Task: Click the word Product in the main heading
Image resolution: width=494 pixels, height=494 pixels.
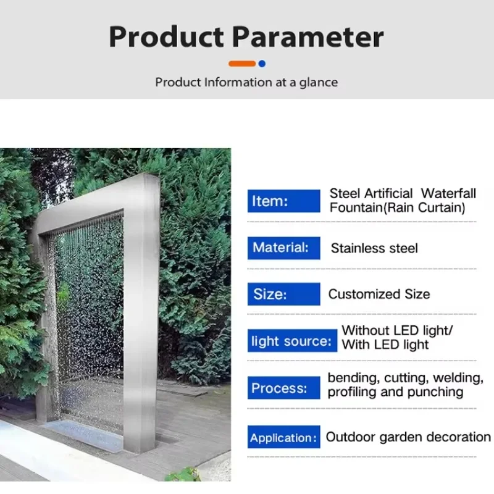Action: click(x=165, y=38)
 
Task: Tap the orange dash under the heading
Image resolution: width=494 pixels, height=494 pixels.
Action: click(x=241, y=64)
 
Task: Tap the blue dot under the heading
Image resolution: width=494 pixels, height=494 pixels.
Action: click(x=262, y=64)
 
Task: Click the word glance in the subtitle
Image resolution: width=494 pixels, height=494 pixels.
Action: click(x=318, y=82)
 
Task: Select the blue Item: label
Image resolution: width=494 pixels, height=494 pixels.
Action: click(x=283, y=201)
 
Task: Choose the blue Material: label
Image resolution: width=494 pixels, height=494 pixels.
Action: click(x=283, y=248)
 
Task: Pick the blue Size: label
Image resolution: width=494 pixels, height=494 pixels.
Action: click(x=283, y=294)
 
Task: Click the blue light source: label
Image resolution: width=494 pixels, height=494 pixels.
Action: click(x=292, y=341)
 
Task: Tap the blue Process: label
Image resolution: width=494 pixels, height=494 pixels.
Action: click(x=283, y=388)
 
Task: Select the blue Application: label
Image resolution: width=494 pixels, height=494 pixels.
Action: click(x=283, y=438)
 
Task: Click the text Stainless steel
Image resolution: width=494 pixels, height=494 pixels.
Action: click(x=374, y=249)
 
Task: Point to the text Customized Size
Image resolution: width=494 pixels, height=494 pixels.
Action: click(x=379, y=295)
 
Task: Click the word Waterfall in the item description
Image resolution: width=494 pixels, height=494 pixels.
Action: click(x=449, y=194)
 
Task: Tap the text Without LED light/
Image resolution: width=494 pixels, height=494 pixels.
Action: click(x=398, y=330)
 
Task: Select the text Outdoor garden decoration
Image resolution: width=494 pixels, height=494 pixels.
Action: click(x=408, y=437)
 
